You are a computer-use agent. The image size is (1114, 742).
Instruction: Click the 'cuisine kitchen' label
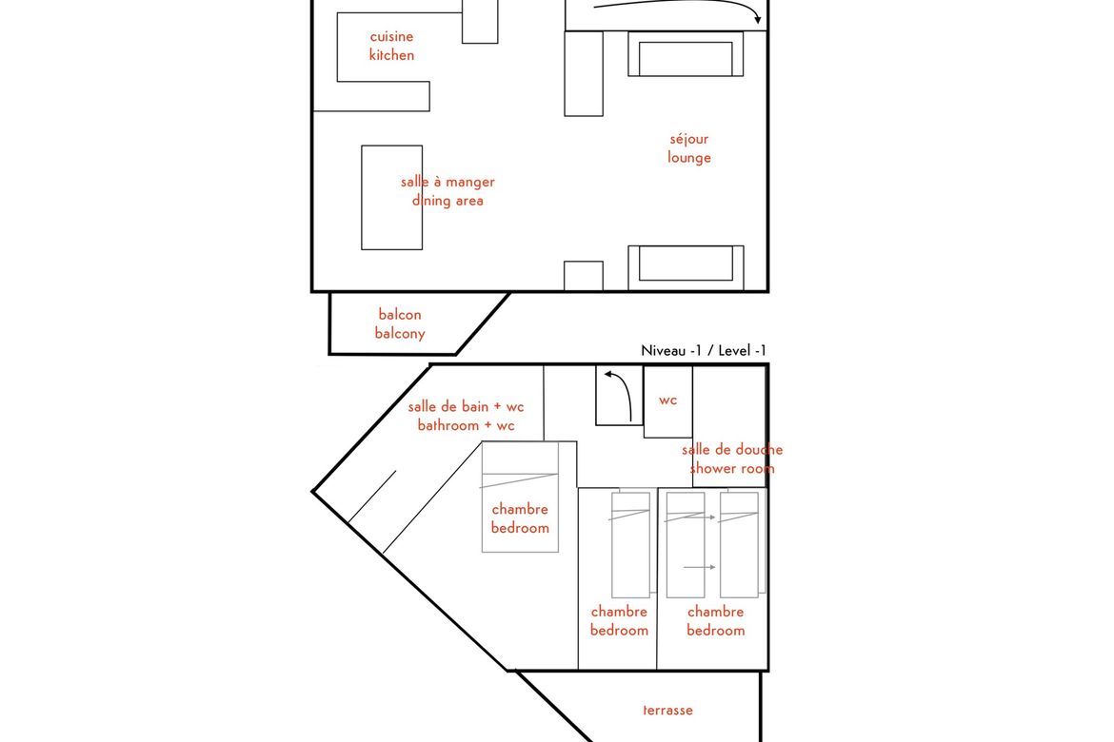click(x=391, y=46)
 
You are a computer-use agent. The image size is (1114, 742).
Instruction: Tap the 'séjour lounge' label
click(x=689, y=148)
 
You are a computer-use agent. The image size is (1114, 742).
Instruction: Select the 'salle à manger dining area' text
click(x=448, y=191)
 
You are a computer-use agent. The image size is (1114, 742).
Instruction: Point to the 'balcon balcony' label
click(x=400, y=323)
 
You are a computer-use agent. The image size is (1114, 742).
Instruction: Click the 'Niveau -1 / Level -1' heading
click(x=704, y=350)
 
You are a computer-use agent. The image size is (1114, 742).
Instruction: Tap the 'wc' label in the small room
click(x=667, y=400)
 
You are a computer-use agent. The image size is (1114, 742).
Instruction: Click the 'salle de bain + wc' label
click(x=466, y=407)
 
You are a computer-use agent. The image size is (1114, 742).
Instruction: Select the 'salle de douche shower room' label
click(x=732, y=459)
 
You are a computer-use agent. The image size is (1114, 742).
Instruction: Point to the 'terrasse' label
click(x=667, y=710)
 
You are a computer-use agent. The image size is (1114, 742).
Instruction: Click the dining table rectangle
click(x=391, y=198)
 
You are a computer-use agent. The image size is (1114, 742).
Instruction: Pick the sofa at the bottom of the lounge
click(x=686, y=267)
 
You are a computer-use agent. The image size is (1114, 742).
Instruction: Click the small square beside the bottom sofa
click(x=584, y=276)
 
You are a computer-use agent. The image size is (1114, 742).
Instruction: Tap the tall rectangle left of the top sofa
click(x=584, y=73)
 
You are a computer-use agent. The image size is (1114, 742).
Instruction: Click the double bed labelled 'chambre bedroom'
click(x=520, y=497)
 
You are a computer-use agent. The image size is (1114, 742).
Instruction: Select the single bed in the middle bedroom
click(x=631, y=544)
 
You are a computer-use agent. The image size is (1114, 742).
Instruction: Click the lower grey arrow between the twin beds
click(x=700, y=567)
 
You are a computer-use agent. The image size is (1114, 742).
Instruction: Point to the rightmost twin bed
click(x=739, y=544)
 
